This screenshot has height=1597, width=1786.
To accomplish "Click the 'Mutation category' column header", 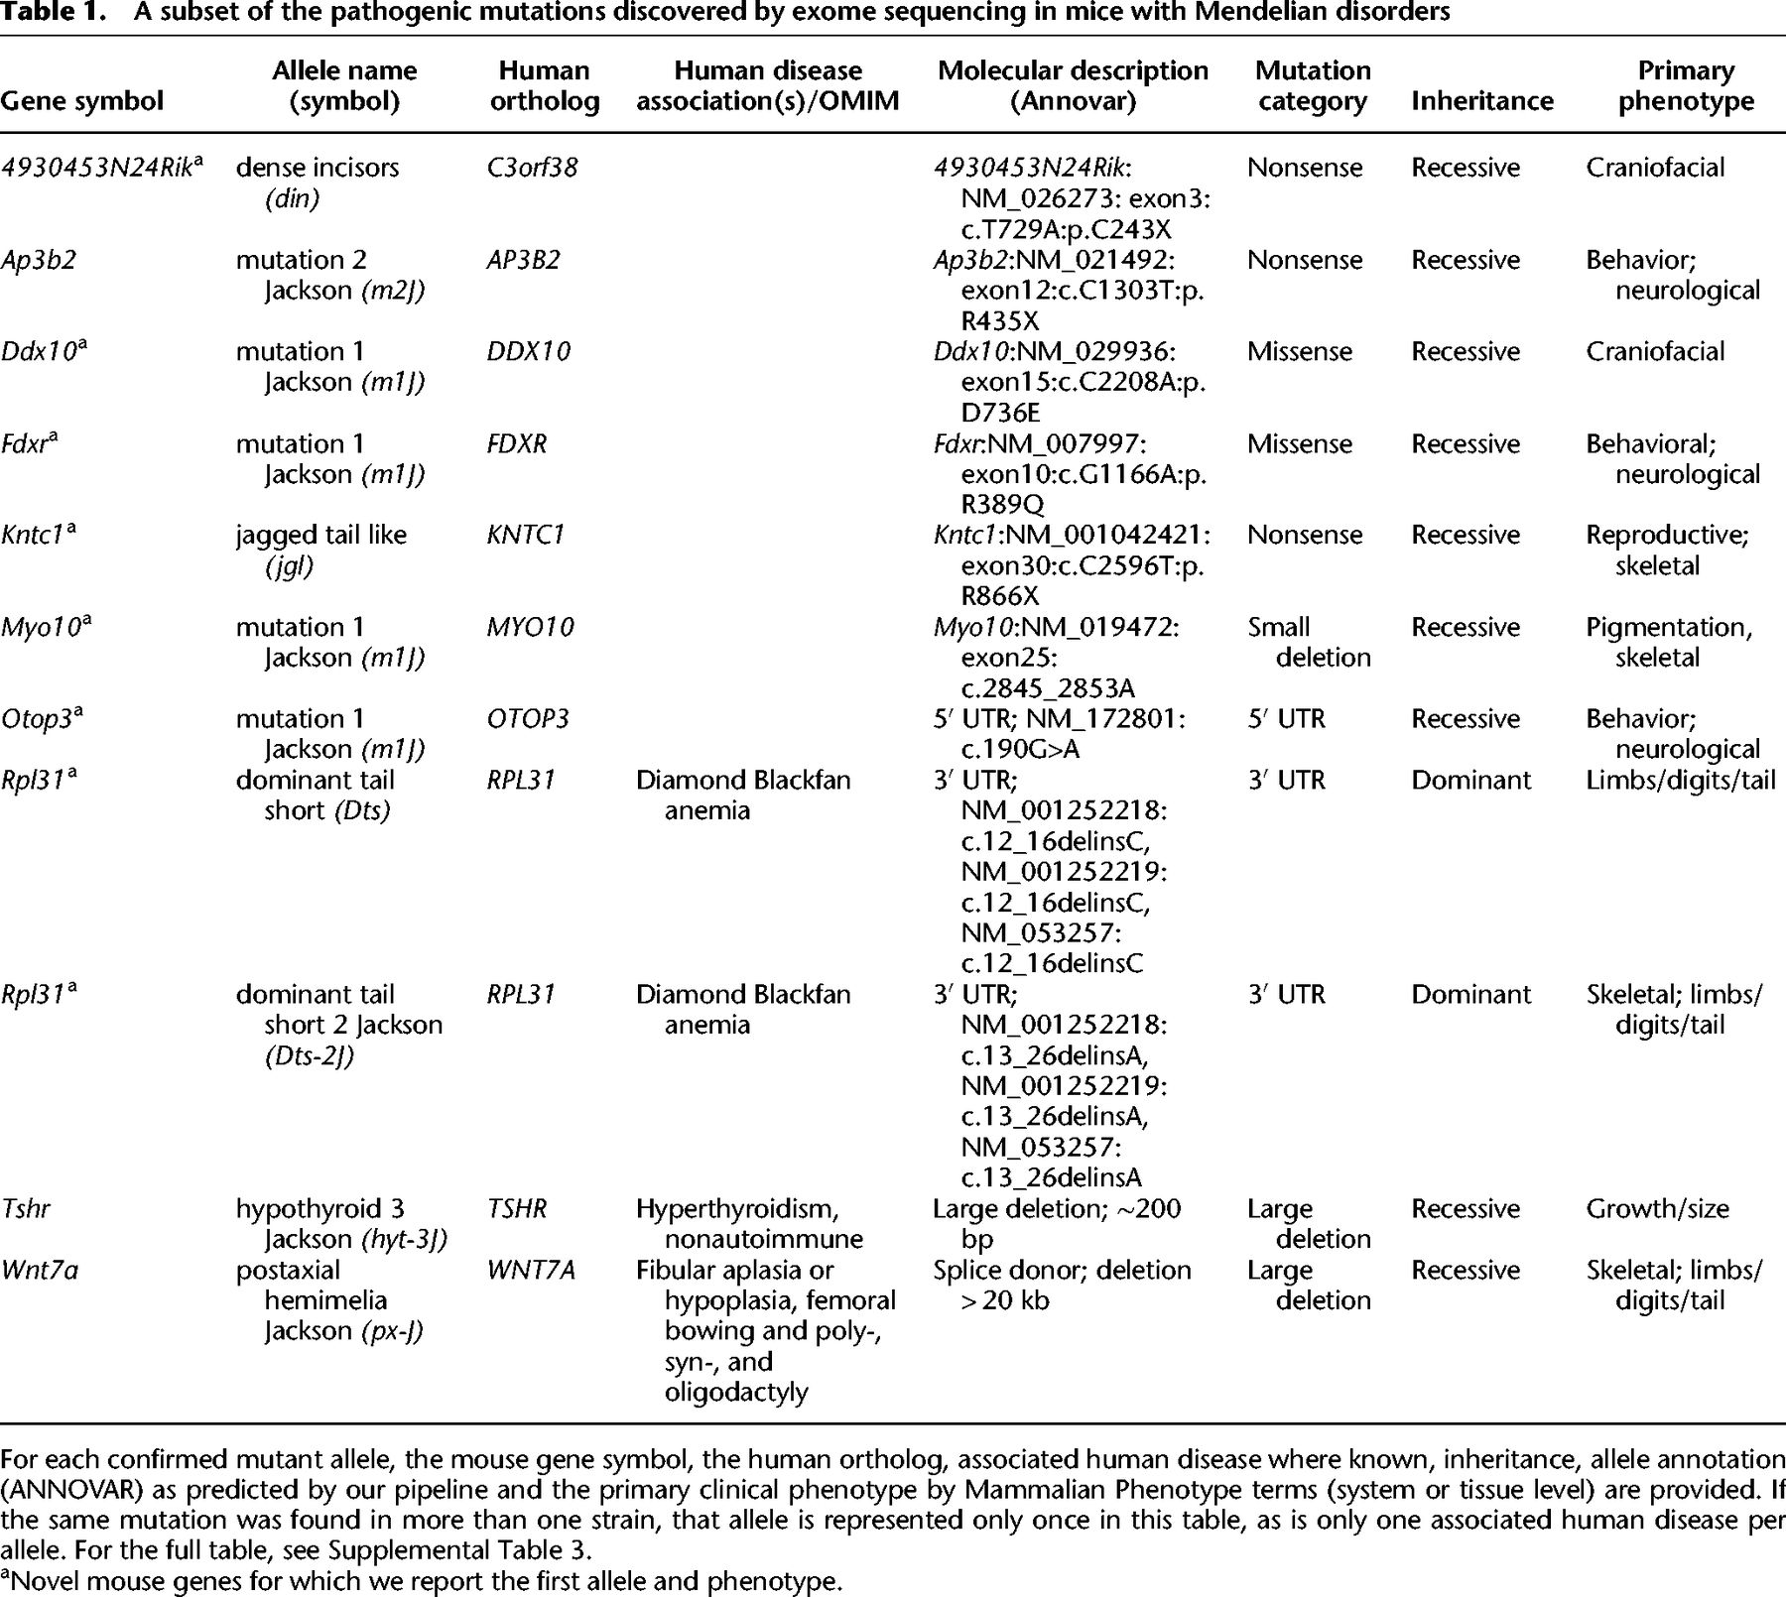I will pos(1312,85).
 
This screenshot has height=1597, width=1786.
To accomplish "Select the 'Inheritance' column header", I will pos(1481,100).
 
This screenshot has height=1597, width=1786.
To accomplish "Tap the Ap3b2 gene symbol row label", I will pos(39,260).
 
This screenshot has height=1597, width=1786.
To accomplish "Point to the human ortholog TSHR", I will pos(516,1208).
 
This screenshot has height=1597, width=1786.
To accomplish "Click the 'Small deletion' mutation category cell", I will pos(1308,642).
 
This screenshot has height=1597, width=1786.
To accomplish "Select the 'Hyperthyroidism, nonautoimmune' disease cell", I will pos(749,1223).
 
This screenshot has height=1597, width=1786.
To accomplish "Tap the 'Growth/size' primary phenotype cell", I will pos(1657,1208).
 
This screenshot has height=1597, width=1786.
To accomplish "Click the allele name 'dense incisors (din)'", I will pos(318,183).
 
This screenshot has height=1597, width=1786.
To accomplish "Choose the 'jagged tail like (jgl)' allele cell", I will pos(320,550).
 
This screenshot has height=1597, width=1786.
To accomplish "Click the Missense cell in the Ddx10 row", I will pos(1299,351).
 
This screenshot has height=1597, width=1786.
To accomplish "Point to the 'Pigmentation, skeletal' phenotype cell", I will pos(1669,642).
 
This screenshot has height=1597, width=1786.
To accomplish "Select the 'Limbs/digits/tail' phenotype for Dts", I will pos(1680,780).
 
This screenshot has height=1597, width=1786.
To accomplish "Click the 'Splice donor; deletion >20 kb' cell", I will pos(1061,1285).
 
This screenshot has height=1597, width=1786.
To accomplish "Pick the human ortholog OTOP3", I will pos(527,718).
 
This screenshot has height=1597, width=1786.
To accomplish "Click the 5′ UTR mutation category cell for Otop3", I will pos(1286,718).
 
